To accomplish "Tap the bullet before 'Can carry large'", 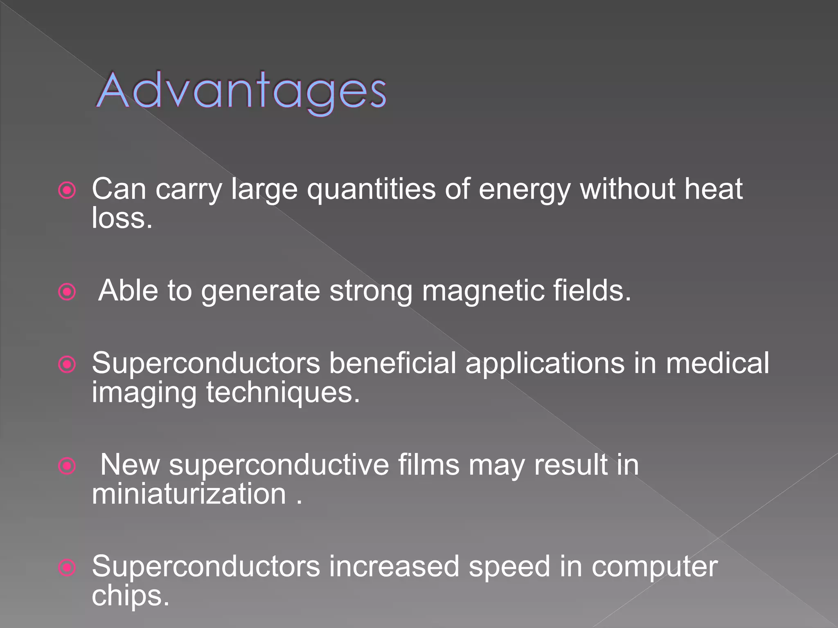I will pos(67,190).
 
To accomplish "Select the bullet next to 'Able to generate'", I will pos(67,292).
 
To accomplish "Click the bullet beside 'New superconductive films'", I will pos(67,466).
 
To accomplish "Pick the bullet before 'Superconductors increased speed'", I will pos(67,567).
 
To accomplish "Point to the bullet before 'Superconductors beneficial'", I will pos(67,364).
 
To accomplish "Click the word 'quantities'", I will pos(371,190).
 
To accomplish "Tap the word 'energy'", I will pos(524,190).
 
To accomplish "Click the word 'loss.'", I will pos(122,218).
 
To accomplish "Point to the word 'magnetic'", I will pos(483,291).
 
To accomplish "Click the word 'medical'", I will pos(717,363).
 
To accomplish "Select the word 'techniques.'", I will pos(283,392).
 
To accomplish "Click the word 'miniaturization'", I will pos(189,494).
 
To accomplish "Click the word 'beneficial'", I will pos(392,363).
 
